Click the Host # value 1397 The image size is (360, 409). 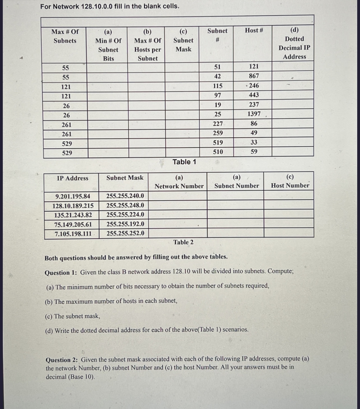click(x=254, y=114)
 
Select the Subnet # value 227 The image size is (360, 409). click(x=218, y=124)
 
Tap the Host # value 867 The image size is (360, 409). click(x=254, y=76)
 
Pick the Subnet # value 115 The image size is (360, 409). click(x=218, y=86)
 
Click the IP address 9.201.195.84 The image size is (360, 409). click(x=73, y=196)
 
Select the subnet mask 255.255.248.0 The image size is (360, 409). click(x=125, y=205)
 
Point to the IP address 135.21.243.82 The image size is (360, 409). click(x=73, y=215)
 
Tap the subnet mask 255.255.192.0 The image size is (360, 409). click(x=125, y=224)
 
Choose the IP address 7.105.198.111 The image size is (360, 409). click(x=73, y=234)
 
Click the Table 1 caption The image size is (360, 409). click(x=184, y=162)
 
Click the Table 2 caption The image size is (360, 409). click(x=183, y=242)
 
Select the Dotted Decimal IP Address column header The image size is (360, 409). click(x=294, y=43)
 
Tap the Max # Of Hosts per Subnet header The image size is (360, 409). click(x=147, y=45)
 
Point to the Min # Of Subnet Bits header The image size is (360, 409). click(x=108, y=45)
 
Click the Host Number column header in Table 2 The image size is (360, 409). click(x=290, y=181)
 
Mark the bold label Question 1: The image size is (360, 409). click(x=61, y=272)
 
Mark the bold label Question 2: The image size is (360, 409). click(x=62, y=360)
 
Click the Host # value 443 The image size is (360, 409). click(x=254, y=95)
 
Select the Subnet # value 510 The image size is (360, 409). click(x=218, y=152)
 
